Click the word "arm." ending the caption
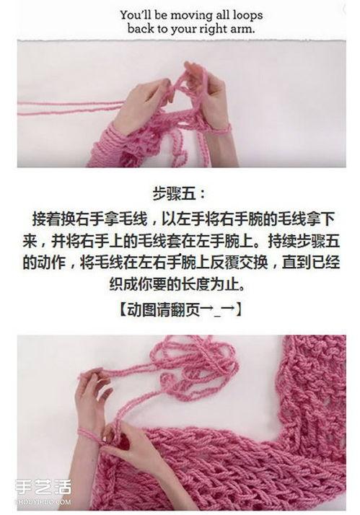click(243, 30)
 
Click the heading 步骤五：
click(180, 193)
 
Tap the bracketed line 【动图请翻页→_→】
click(180, 309)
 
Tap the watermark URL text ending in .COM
click(43, 502)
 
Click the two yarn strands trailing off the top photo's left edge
click(71, 108)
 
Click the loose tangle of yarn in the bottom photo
click(195, 362)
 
